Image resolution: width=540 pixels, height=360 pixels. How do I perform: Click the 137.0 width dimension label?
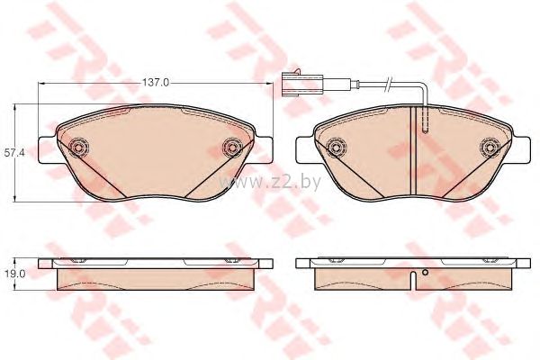point(156,83)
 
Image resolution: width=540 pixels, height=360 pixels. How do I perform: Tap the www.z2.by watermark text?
point(270,182)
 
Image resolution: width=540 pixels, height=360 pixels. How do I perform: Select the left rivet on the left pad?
point(78,148)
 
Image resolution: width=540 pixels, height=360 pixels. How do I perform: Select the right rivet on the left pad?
point(232,148)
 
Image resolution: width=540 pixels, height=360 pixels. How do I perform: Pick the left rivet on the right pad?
point(337,148)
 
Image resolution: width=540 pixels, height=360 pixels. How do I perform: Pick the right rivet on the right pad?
point(490,148)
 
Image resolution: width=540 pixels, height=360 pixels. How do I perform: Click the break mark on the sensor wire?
point(389,84)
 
